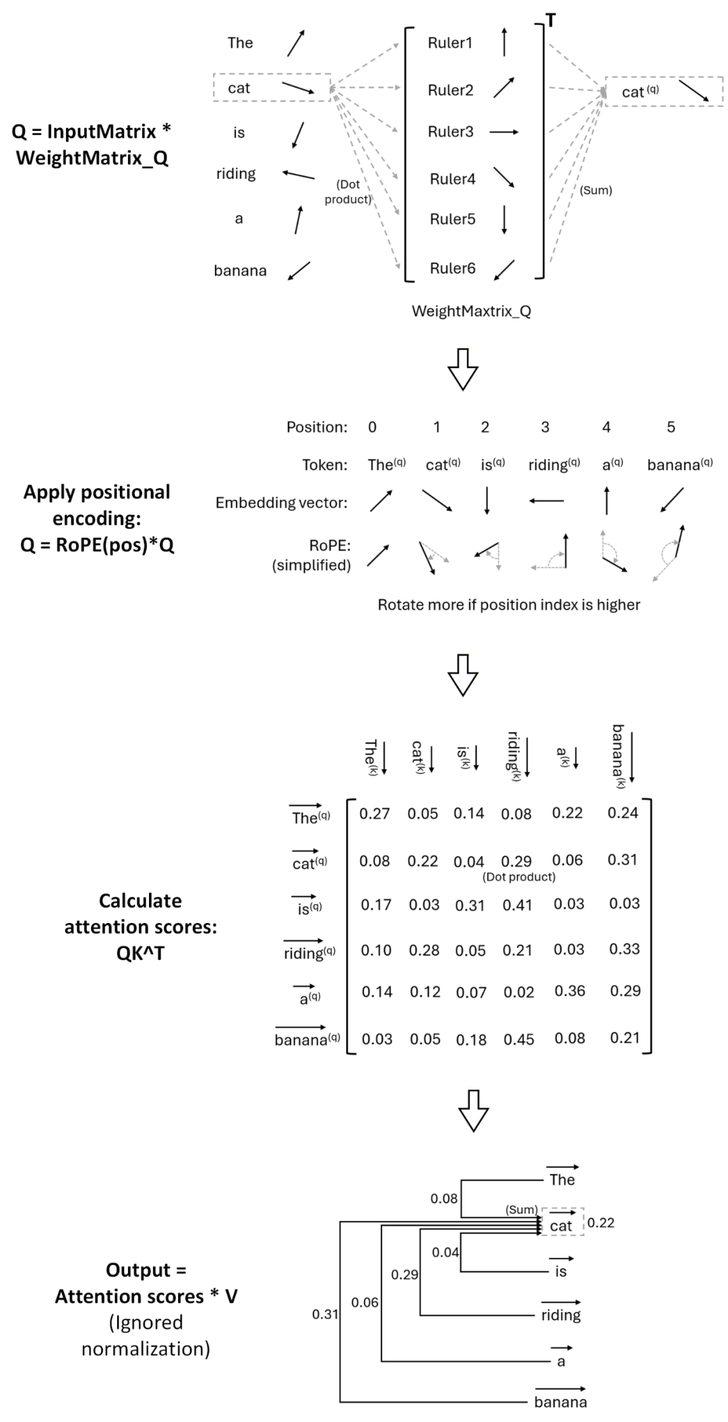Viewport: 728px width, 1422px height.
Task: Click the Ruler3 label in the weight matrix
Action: click(x=450, y=131)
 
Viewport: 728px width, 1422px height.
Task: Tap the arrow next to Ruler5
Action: click(x=504, y=220)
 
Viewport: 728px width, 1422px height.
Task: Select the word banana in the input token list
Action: click(x=240, y=270)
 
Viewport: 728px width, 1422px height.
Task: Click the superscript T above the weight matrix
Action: click(x=551, y=21)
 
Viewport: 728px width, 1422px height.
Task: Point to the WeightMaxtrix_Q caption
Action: click(x=471, y=311)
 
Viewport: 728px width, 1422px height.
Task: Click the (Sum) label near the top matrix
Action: click(x=596, y=190)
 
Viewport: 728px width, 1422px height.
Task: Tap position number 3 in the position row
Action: click(x=545, y=427)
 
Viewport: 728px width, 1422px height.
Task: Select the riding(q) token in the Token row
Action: click(x=554, y=465)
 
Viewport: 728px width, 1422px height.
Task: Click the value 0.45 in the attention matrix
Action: click(x=519, y=1039)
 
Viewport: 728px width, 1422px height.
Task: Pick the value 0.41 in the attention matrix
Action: click(x=518, y=905)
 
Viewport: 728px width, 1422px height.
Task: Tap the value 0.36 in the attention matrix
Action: click(x=570, y=991)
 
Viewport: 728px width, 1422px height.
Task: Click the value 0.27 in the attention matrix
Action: click(x=374, y=814)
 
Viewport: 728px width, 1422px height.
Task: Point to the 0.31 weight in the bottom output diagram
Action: click(x=325, y=1314)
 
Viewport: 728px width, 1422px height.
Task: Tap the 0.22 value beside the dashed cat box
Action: click(x=601, y=1222)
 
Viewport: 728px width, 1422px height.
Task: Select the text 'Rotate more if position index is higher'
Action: click(x=508, y=605)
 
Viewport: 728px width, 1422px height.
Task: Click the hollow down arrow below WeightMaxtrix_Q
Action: click(x=463, y=369)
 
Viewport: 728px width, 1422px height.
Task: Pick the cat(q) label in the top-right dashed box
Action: click(x=640, y=92)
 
